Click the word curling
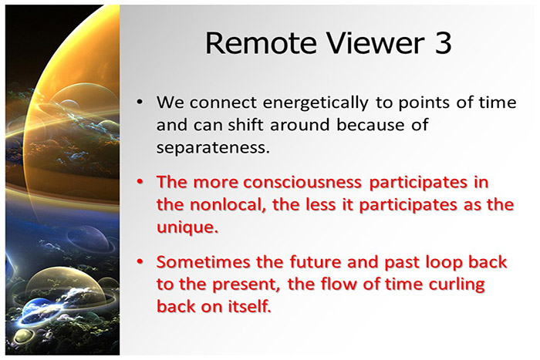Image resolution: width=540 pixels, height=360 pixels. [x=454, y=286]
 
